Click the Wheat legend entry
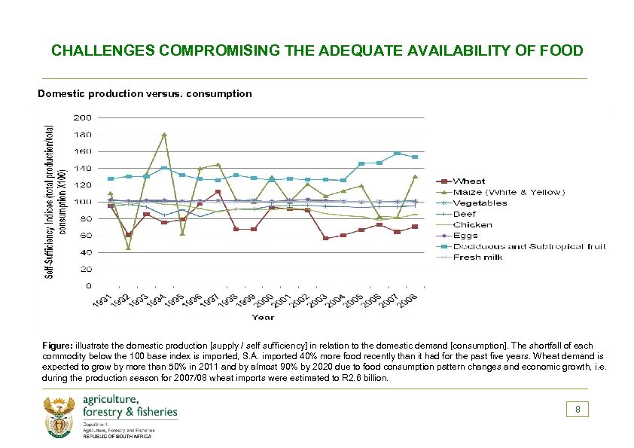click(469, 181)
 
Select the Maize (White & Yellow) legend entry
click(508, 192)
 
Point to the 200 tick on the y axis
click(83, 117)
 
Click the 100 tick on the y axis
click(83, 202)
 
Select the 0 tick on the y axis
click(89, 286)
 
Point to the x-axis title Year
click(263, 318)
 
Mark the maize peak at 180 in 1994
click(164, 135)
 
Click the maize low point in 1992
click(128, 248)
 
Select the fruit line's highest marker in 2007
click(397, 153)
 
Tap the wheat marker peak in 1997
click(218, 192)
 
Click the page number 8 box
click(578, 410)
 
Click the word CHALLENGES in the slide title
click(102, 51)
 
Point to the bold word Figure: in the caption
click(58, 345)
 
